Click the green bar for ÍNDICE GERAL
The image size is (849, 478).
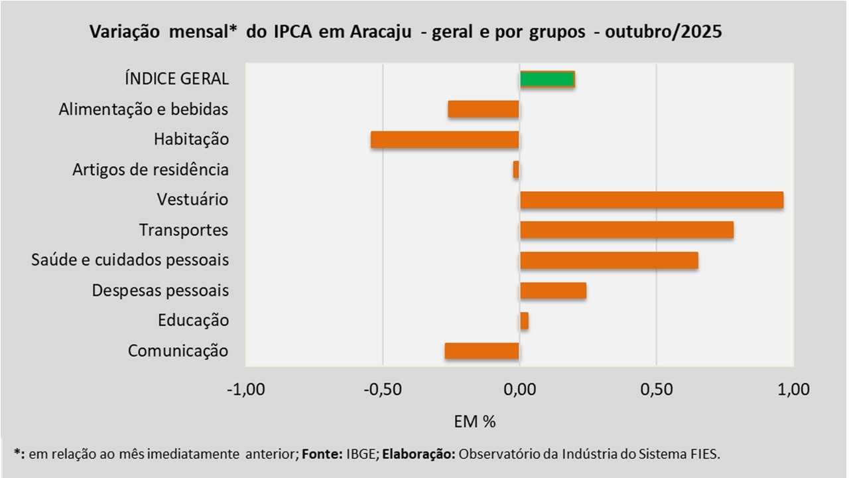click(547, 79)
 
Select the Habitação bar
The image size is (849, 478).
click(444, 139)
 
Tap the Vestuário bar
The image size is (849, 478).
click(651, 200)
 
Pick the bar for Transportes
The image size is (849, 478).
click(627, 230)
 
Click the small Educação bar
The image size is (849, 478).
click(524, 321)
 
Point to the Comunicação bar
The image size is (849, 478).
click(482, 351)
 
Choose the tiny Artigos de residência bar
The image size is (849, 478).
click(516, 170)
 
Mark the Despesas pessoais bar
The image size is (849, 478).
click(553, 291)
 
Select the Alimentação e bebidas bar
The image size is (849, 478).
click(483, 110)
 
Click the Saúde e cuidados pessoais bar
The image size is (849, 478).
click(609, 260)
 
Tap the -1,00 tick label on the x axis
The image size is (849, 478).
click(246, 389)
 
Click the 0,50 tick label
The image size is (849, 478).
click(656, 389)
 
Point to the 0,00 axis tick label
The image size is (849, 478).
click(519, 389)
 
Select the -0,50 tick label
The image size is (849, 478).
click(383, 389)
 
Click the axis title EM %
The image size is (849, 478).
click(475, 421)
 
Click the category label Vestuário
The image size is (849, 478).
click(192, 200)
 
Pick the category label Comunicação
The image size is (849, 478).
click(178, 351)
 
